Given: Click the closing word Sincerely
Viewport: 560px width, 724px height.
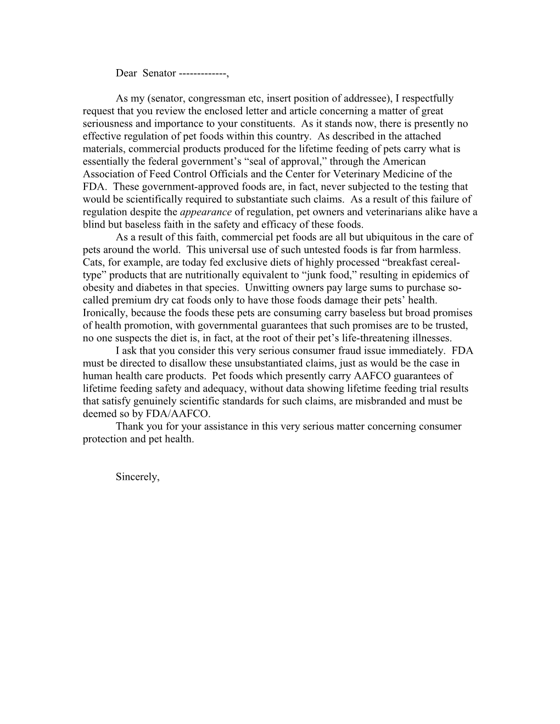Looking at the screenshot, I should coord(137,477).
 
